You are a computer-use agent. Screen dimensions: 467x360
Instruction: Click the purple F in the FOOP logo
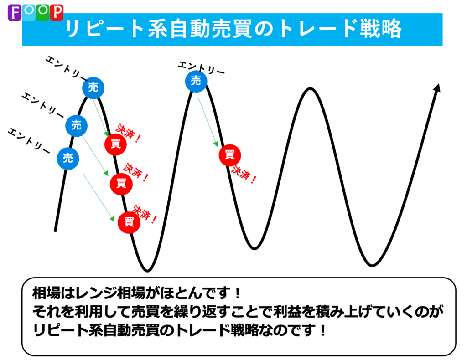(x=14, y=13)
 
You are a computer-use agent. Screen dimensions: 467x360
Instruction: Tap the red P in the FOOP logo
(x=57, y=13)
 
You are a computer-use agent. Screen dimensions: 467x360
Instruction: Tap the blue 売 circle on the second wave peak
(x=196, y=81)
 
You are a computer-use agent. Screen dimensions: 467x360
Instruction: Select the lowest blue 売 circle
(x=68, y=158)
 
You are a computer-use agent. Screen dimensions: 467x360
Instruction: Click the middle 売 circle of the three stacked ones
(x=76, y=126)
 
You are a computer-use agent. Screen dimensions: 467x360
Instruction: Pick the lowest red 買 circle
(x=129, y=222)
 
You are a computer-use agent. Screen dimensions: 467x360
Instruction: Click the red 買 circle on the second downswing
(x=230, y=155)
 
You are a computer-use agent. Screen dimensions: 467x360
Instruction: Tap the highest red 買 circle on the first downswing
(x=115, y=144)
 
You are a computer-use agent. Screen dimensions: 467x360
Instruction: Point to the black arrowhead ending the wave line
(x=437, y=88)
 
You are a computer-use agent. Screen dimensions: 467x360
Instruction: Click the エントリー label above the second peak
(x=201, y=68)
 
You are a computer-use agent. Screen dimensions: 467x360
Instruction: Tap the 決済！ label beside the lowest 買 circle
(x=145, y=214)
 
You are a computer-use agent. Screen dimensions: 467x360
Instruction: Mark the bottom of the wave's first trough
(x=147, y=271)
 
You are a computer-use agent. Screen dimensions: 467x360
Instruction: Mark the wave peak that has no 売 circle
(x=310, y=88)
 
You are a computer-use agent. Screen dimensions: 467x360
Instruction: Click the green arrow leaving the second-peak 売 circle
(x=208, y=123)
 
